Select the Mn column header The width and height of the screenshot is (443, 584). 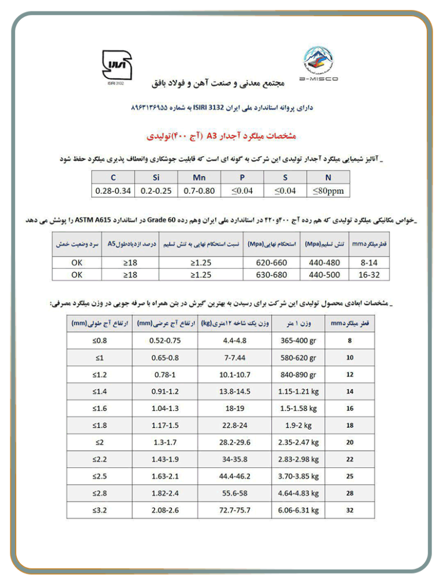198,178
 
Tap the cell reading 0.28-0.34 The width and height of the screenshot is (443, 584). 112,191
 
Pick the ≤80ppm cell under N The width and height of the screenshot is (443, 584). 328,191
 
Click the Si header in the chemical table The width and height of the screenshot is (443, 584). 156,178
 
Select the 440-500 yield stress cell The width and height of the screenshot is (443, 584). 325,275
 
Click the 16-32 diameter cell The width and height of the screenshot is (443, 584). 369,275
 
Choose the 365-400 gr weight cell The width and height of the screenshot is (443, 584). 298,341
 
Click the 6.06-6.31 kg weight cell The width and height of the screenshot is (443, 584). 298,511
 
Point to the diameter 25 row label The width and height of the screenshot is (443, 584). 350,477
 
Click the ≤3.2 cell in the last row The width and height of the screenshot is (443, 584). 100,511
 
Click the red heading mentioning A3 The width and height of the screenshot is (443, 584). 221,137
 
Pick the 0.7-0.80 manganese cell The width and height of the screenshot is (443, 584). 198,191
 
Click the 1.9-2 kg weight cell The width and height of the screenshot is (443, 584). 298,426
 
